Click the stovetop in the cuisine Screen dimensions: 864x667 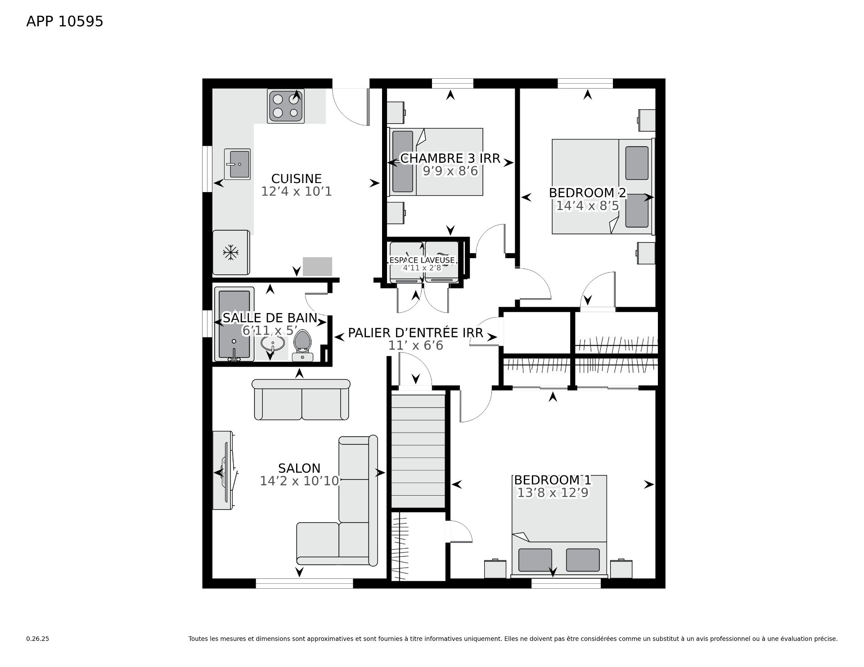pyautogui.click(x=286, y=106)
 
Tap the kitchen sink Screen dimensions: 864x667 pyautogui.click(x=237, y=164)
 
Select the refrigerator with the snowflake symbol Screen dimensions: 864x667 pyautogui.click(x=231, y=252)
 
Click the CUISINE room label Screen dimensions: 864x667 pyautogui.click(x=297, y=179)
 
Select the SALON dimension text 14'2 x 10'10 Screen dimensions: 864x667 pyautogui.click(x=299, y=481)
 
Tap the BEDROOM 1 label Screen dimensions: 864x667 pyautogui.click(x=553, y=480)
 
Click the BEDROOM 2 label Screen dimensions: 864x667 pyautogui.click(x=587, y=193)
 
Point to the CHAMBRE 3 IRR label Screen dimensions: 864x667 pyautogui.click(x=450, y=158)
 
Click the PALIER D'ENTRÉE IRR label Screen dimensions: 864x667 pyautogui.click(x=415, y=333)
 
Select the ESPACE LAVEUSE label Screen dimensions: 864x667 pyautogui.click(x=422, y=260)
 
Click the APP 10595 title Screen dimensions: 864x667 pyautogui.click(x=65, y=22)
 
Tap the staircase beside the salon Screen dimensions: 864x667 pyautogui.click(x=418, y=451)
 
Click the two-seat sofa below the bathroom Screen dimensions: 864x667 pyautogui.click(x=301, y=399)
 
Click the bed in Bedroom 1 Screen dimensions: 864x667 pyautogui.click(x=559, y=526)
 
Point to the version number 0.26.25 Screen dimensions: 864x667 pyautogui.click(x=38, y=639)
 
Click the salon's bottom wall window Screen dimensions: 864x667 pyautogui.click(x=304, y=583)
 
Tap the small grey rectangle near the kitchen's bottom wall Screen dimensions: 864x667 pyautogui.click(x=317, y=266)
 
